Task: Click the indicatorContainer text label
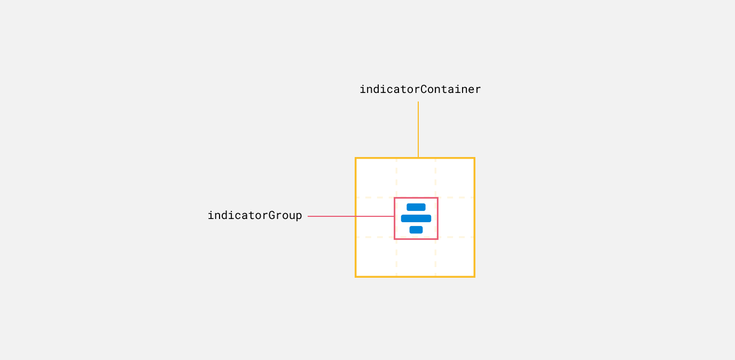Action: (420, 89)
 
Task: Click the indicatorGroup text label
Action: (255, 215)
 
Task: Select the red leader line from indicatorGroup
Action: (350, 216)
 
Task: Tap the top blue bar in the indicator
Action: (416, 207)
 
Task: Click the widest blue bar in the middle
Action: (416, 218)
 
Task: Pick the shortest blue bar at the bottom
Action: (416, 230)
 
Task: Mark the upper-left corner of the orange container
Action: (356, 158)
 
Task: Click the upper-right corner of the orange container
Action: (474, 158)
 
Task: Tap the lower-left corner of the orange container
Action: (356, 277)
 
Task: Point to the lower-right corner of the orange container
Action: (474, 277)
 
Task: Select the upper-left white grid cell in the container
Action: (376, 178)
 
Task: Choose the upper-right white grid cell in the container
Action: (455, 178)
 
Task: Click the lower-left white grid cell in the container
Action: (376, 256)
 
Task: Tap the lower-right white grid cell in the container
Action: (455, 256)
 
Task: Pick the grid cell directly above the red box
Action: (416, 178)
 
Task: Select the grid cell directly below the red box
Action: (416, 256)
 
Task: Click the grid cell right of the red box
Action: (455, 217)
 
